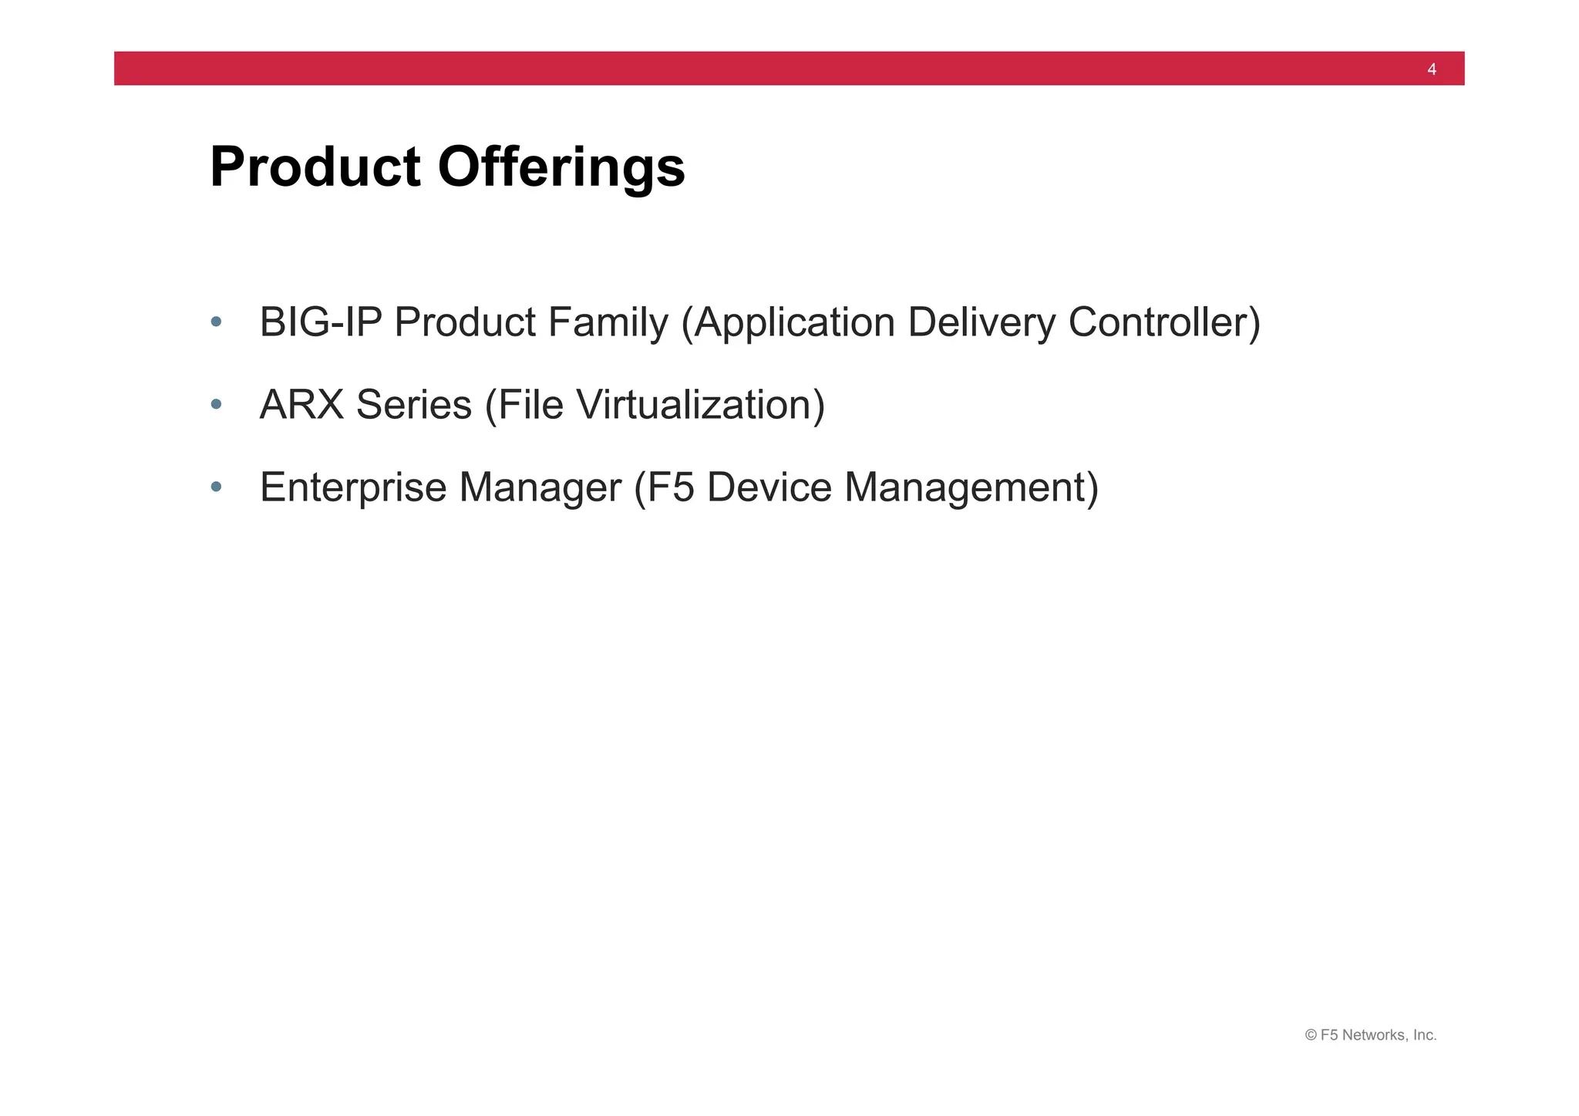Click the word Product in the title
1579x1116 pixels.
[315, 167]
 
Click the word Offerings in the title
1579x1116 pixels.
[561, 167]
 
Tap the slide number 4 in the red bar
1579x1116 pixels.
[1432, 69]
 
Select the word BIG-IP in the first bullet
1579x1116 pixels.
[321, 322]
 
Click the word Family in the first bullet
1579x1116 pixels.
[608, 322]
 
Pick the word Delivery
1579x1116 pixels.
[981, 322]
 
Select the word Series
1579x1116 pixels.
[414, 405]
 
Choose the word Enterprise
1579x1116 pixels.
[353, 488]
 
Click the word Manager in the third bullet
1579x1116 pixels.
[540, 488]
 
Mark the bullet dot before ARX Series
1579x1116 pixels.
[217, 404]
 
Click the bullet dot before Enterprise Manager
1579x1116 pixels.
[217, 487]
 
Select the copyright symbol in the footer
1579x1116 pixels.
[1311, 1035]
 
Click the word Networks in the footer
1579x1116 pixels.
[1375, 1035]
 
